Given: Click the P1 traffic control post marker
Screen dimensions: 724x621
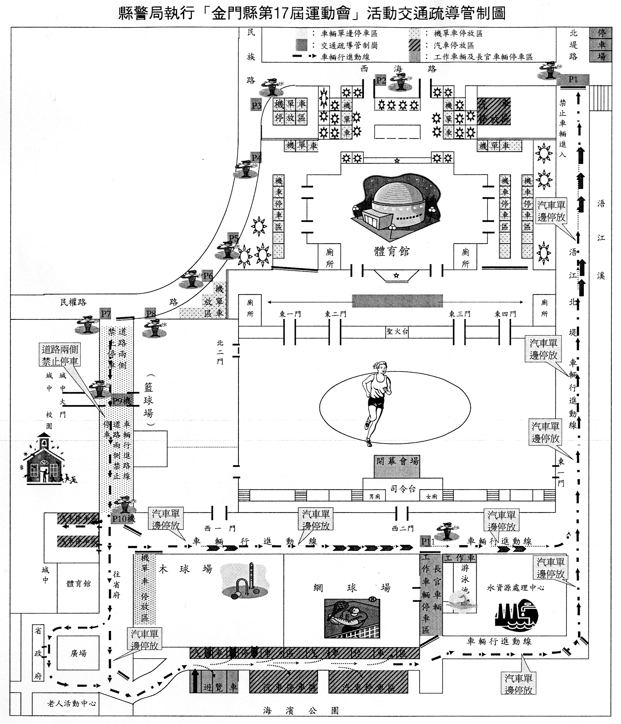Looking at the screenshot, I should tap(573, 80).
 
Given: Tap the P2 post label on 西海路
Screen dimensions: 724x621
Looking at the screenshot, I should tap(381, 81).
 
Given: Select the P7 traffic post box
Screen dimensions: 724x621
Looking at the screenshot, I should tap(106, 314).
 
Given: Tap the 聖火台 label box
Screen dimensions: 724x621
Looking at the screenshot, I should tap(397, 332).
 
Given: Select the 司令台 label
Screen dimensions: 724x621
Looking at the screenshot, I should tap(403, 489).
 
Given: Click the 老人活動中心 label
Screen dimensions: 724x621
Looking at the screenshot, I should tap(72, 703).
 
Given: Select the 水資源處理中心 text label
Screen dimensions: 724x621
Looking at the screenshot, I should tap(515, 588).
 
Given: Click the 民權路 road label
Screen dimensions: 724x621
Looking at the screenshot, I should tap(73, 302).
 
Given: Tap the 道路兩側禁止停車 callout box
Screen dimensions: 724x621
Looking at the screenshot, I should tap(60, 355).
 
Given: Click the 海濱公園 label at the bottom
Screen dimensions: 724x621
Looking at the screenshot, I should tap(301, 711).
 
